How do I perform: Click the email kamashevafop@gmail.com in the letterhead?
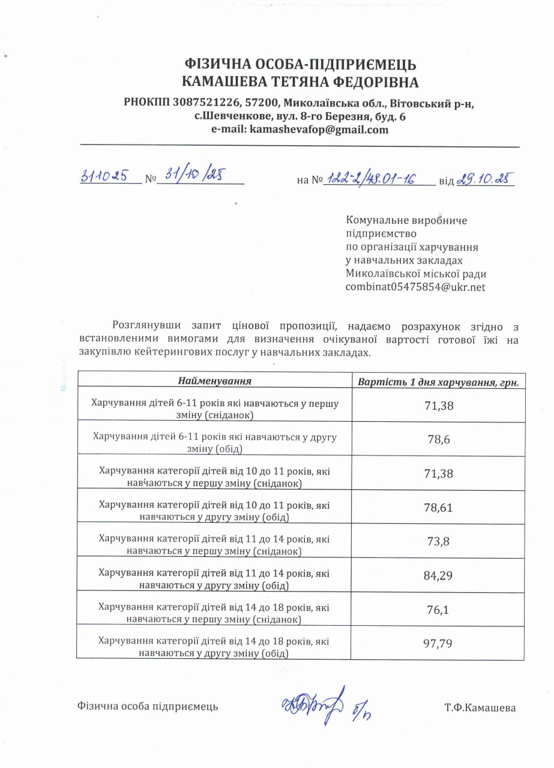pos(319,130)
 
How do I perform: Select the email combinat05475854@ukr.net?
pos(415,287)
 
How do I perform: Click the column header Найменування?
pos(214,381)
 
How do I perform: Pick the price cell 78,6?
pos(439,440)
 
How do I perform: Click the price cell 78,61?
pos(439,508)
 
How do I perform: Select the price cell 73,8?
pos(439,542)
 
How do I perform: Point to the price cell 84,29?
pos(439,576)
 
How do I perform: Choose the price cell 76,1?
pos(439,610)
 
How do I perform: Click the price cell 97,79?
pos(439,644)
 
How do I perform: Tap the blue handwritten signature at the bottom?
pos(312,704)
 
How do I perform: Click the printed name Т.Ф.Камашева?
pos(480,707)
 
